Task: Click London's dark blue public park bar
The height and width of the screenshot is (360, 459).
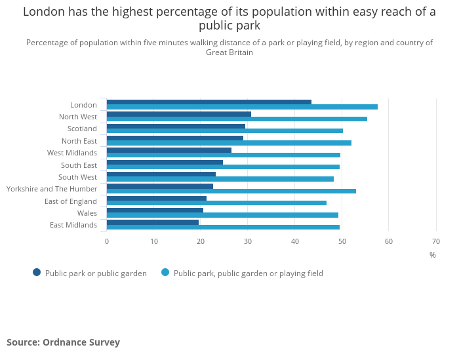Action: [x=209, y=102]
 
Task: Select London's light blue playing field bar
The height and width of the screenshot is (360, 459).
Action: [x=242, y=107]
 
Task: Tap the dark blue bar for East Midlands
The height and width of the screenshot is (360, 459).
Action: [x=152, y=222]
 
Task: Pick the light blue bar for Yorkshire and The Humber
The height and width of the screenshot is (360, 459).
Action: [x=231, y=191]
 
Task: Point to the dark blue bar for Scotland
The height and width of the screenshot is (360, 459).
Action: [x=176, y=126]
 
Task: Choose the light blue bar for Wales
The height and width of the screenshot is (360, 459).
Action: [x=222, y=215]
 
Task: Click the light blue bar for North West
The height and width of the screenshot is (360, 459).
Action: [x=237, y=119]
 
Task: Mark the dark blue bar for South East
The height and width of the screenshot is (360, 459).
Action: [x=165, y=162]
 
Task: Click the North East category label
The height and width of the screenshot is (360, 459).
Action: [x=79, y=141]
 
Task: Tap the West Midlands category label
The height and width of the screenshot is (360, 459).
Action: [x=72, y=153]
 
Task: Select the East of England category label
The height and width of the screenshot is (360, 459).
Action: [x=71, y=201]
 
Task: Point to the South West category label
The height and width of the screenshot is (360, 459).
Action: [x=77, y=177]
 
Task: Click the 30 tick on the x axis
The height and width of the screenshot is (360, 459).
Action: [x=248, y=241]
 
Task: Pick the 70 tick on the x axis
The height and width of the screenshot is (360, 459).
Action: [x=436, y=241]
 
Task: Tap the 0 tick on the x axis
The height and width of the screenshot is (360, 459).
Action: [x=107, y=241]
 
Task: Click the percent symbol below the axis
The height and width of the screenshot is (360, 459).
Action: [x=433, y=255]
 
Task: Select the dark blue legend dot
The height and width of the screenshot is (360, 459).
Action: [x=37, y=273]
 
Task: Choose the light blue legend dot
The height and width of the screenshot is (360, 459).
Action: [x=165, y=273]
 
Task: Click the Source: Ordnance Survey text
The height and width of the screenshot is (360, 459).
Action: [x=64, y=342]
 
